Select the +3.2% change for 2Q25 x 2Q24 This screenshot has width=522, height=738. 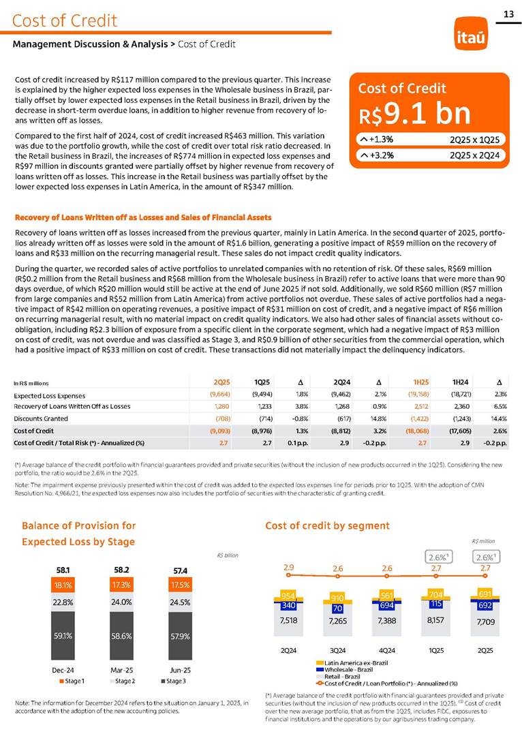pyautogui.click(x=376, y=155)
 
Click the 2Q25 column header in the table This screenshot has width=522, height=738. pyautogui.click(x=221, y=382)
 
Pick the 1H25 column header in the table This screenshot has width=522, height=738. pyautogui.click(x=420, y=382)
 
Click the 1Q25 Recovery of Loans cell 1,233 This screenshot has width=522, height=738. pyautogui.click(x=262, y=406)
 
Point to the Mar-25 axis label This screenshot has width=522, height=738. pyautogui.click(x=123, y=670)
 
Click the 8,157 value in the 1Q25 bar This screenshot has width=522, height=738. pyautogui.click(x=435, y=621)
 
